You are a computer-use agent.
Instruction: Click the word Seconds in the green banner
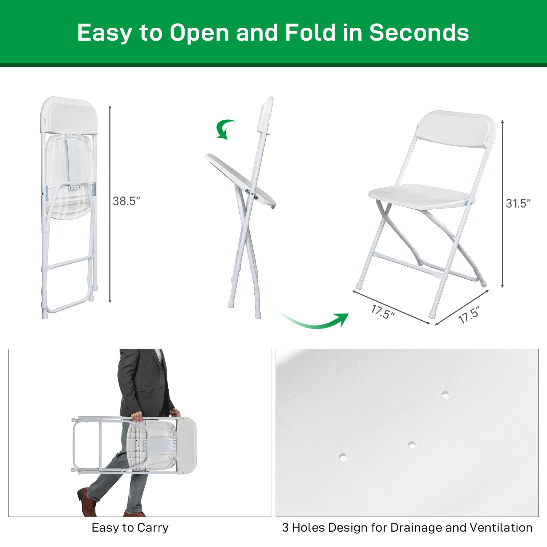click(419, 33)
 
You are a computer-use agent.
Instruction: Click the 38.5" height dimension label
click(126, 201)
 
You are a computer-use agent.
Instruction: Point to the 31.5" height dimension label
click(518, 203)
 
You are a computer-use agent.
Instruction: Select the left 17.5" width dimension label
click(383, 312)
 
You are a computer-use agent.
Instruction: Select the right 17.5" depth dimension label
click(469, 315)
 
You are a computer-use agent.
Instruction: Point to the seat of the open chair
click(421, 196)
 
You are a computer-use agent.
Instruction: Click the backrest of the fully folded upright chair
click(69, 116)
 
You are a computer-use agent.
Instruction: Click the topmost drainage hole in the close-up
click(445, 394)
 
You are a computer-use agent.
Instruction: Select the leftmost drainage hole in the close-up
click(343, 457)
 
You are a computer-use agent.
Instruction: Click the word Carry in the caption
click(152, 528)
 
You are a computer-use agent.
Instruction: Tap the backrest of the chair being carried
click(186, 445)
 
